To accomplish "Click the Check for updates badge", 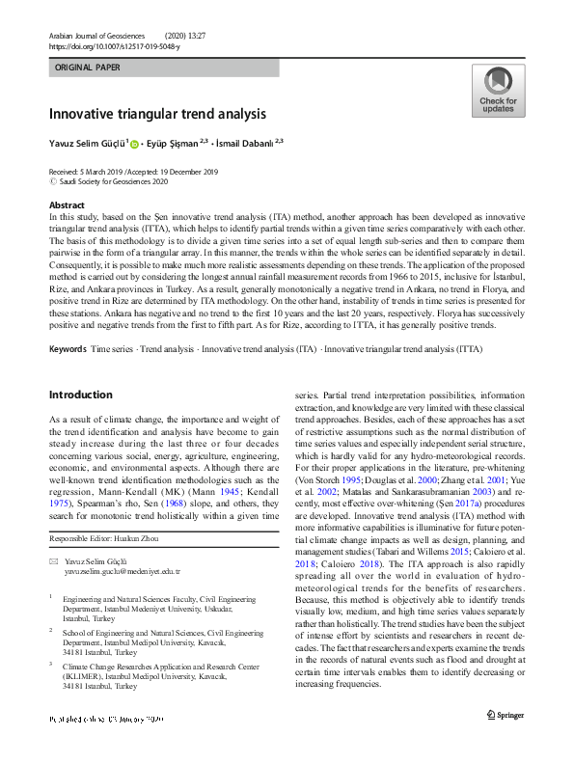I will pos(498,92).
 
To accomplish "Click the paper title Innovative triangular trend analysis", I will pos(157,113).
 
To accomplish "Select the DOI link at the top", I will pos(114,45).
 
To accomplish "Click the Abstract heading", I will pos(67,205).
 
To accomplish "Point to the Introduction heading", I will pos(80,395).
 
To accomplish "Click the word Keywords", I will pos(67,346).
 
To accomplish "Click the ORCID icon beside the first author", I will pos(134,144).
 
